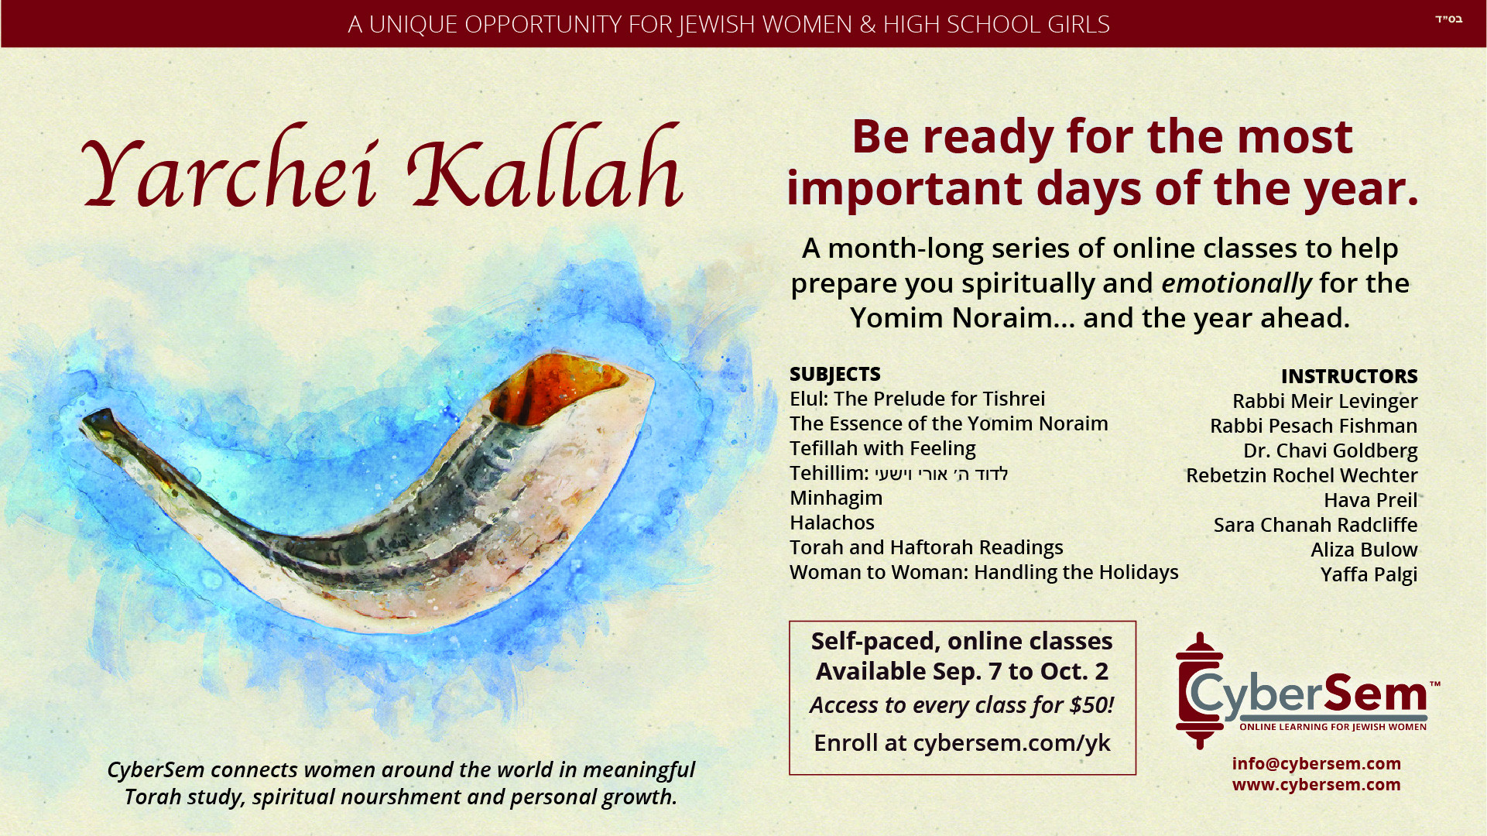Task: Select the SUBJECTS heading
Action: coord(834,374)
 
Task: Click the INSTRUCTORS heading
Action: coord(1349,376)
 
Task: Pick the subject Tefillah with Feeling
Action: coord(882,448)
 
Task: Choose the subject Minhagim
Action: coord(836,498)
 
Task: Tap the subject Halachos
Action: coord(832,522)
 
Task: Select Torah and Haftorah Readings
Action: coord(927,547)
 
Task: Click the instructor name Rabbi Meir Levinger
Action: coord(1325,401)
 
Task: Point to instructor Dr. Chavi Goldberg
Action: coord(1331,451)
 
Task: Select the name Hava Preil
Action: coord(1371,500)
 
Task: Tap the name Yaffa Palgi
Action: coord(1369,574)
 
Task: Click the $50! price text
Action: coord(1091,705)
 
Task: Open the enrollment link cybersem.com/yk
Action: coord(1012,743)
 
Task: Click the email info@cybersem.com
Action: coord(1317,764)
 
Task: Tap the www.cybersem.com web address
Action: coord(1317,785)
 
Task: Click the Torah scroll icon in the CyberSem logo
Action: coord(1198,690)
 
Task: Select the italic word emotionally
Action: coord(1237,283)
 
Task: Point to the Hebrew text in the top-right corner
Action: coord(1448,19)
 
